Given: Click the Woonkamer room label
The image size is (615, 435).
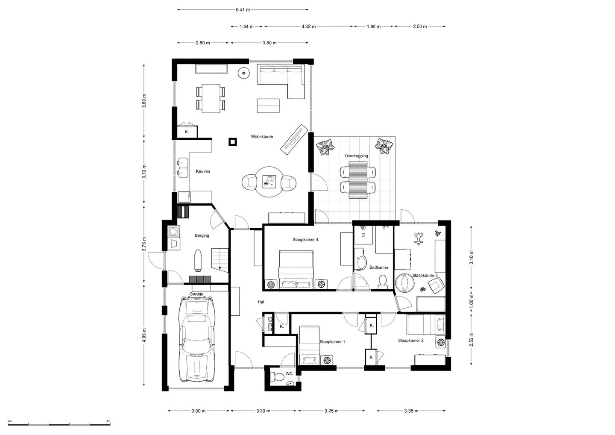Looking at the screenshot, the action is [x=262, y=136].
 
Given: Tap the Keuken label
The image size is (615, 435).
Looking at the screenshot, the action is [x=203, y=171].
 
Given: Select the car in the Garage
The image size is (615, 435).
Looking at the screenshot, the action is [x=196, y=339].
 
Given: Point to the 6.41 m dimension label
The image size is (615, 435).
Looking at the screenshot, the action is [x=243, y=9].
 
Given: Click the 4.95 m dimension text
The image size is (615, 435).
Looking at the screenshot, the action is [x=144, y=335].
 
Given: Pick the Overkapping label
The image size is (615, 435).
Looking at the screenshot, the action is [x=356, y=156].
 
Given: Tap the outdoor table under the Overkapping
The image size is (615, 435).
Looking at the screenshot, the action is [x=358, y=180].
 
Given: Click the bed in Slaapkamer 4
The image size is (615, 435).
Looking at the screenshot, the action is [x=296, y=269].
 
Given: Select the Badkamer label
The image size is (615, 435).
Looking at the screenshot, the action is [x=379, y=267].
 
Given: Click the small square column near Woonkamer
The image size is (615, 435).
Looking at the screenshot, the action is [x=233, y=142].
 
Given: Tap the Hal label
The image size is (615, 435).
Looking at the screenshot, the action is [x=261, y=302].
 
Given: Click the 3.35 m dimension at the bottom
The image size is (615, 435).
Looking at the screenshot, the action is [x=411, y=411].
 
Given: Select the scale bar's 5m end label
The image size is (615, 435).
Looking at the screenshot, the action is [x=108, y=421].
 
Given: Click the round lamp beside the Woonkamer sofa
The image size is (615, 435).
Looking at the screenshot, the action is [x=243, y=73].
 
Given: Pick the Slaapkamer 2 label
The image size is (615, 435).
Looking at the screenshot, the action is [x=411, y=340].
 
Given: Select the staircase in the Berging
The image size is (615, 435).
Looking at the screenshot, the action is [x=220, y=260].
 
